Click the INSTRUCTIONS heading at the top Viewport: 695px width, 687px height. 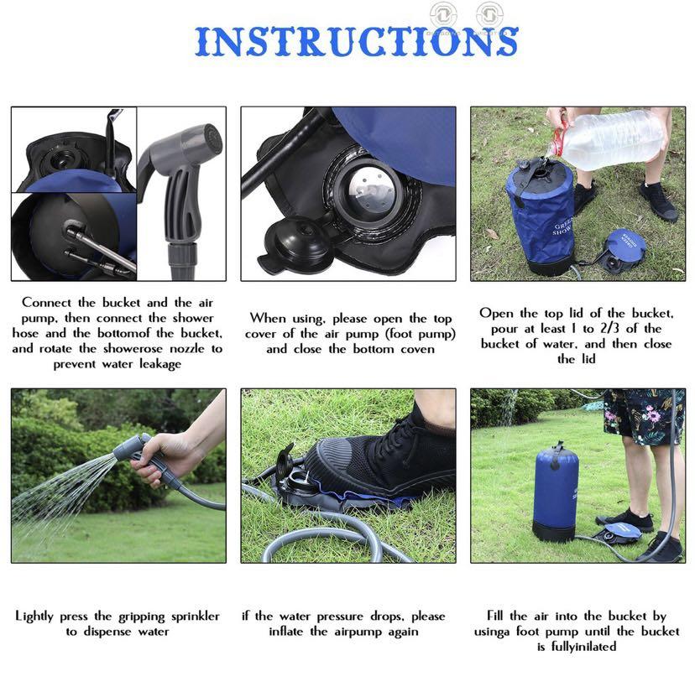(x=357, y=42)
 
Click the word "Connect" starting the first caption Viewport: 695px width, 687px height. (x=52, y=303)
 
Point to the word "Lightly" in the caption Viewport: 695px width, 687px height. (x=39, y=617)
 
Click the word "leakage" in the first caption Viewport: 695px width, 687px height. (x=154, y=364)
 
